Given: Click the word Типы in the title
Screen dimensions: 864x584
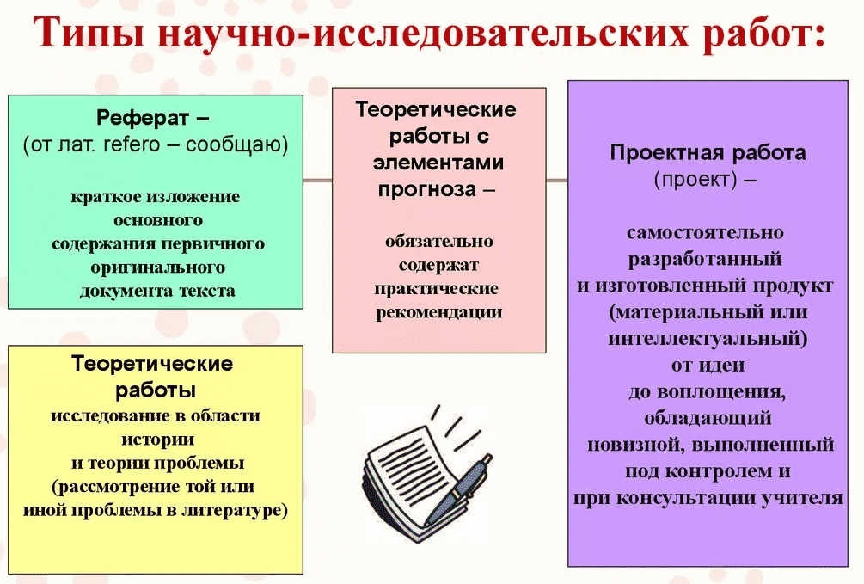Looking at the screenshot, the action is [x=89, y=33].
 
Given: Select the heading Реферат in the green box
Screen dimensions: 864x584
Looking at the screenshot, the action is [x=143, y=118].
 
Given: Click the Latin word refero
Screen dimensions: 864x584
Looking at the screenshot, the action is [x=132, y=144].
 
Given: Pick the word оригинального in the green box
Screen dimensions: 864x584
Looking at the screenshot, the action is [x=157, y=267].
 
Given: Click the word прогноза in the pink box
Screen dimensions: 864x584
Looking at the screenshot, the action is [x=427, y=189].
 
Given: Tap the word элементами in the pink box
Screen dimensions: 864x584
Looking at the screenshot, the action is [x=438, y=163].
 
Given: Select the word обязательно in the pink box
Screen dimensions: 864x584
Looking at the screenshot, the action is [x=439, y=241].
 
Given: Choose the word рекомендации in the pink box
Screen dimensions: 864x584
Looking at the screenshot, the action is [x=439, y=312].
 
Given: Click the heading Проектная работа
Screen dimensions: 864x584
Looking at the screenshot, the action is [x=708, y=153].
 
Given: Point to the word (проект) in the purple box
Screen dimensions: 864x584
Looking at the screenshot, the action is [x=695, y=180].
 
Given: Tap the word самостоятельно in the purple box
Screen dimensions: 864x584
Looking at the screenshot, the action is [x=705, y=232].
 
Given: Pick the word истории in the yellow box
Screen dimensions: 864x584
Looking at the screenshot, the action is [x=157, y=440].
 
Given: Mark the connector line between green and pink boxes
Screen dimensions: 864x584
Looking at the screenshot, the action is [x=317, y=181].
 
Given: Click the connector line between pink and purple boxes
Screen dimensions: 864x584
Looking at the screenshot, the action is [x=557, y=181].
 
